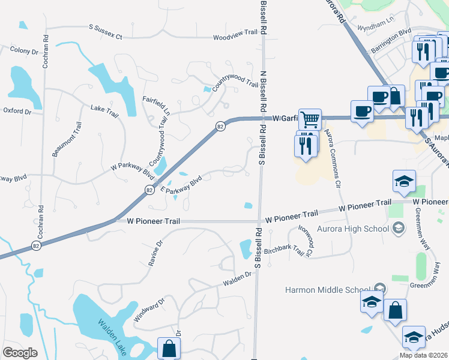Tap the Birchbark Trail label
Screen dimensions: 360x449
(284, 248)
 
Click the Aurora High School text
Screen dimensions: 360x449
(358, 228)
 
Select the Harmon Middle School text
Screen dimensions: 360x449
(328, 290)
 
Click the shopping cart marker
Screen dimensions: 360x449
(309, 119)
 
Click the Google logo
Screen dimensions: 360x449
(20, 353)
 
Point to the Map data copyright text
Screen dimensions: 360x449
(423, 355)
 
